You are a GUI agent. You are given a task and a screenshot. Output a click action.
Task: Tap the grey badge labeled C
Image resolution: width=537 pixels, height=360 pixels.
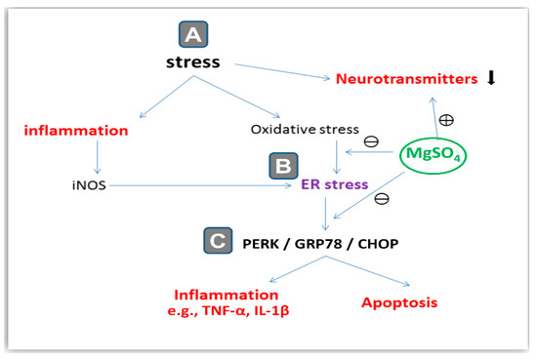point(218,238)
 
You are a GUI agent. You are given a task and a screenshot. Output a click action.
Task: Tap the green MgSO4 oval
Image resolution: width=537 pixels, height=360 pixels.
point(436,154)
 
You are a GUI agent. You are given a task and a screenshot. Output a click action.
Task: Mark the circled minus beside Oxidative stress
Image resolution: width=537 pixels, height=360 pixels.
point(371,141)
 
